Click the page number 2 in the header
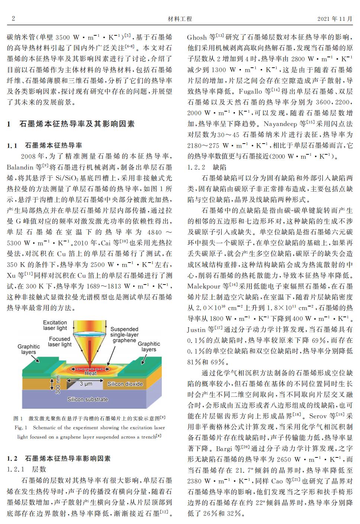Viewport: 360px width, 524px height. tap(13, 19)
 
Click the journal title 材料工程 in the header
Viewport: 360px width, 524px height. tap(180, 19)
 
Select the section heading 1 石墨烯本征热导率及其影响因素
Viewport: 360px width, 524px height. tap(71, 124)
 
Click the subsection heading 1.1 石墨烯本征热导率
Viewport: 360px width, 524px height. tap(45, 145)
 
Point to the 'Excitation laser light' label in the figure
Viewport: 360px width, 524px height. tap(55, 325)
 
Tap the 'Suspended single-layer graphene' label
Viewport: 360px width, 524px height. tap(124, 335)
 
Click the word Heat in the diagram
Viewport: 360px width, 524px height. tap(90, 373)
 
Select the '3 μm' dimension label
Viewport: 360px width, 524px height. tap(86, 383)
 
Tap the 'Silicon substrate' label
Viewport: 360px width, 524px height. tap(87, 399)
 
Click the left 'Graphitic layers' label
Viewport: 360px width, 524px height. tap(29, 349)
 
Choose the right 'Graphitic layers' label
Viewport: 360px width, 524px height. tap(149, 347)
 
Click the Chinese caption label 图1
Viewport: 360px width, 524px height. tap(18, 418)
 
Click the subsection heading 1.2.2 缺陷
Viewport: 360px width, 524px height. tap(207, 167)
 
